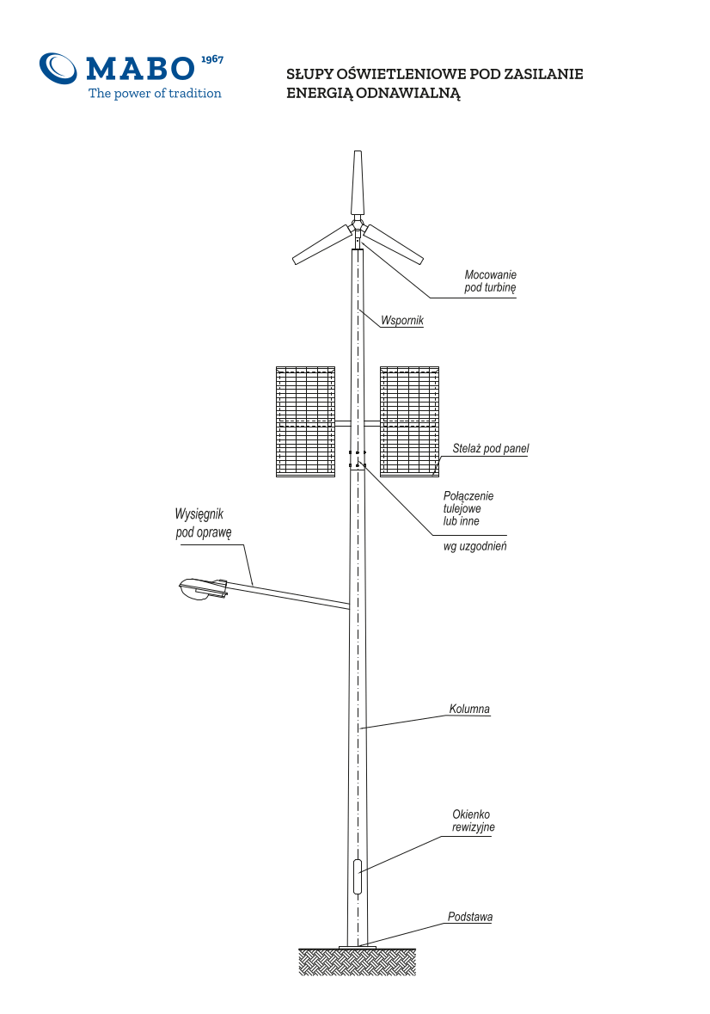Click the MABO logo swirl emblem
(58, 68)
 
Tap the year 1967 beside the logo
(212, 59)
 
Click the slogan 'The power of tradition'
(155, 93)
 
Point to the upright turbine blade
(358, 183)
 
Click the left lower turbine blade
(321, 244)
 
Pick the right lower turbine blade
(393, 244)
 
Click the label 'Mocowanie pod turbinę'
(490, 281)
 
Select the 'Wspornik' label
(401, 320)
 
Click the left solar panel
(306, 421)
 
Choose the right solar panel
(410, 421)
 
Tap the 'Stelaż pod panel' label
(490, 449)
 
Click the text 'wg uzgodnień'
(474, 546)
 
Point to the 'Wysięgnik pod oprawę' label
(203, 523)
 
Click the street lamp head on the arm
(203, 589)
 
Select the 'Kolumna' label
(469, 709)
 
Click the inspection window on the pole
(358, 876)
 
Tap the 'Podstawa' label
(470, 917)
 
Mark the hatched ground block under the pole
(358, 962)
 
